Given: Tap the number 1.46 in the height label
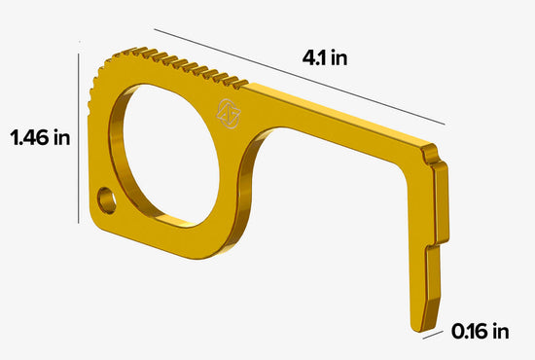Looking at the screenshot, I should coord(29,137).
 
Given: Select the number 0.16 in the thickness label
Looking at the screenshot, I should coord(472,332).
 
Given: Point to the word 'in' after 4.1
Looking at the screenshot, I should coord(339,58).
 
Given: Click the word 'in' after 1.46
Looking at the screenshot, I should coord(60,137).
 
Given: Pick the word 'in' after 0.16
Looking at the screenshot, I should coord(500,332).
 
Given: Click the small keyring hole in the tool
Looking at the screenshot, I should coord(106,202).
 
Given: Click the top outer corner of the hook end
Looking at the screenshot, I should coord(429,146).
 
